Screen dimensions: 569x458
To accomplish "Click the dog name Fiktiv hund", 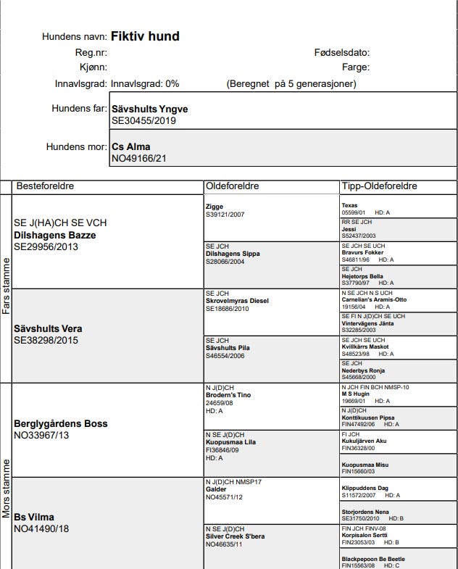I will coord(145,36).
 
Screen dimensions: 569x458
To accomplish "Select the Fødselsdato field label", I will coord(342,53).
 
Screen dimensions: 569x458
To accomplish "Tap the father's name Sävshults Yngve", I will coord(149,109).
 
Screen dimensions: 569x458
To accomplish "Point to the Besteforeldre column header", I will coord(45,186).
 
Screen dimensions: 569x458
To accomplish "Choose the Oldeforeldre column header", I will coord(232,186).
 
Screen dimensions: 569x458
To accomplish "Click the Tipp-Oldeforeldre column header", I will coord(379,186).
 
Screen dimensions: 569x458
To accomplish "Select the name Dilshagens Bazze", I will coord(55,235).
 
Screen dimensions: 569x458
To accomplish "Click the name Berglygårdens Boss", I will coord(60,423).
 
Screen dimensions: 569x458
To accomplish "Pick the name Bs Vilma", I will coord(34,517).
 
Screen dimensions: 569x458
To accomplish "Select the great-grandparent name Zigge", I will coord(214,207).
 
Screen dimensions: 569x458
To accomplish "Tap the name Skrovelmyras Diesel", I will coord(237,301).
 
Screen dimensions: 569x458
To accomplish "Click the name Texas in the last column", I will coord(349,206).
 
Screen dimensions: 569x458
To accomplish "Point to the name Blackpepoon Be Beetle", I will coord(373,559).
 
